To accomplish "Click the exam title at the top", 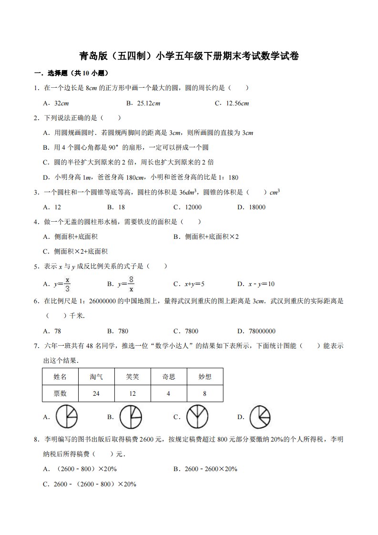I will coord(189,56).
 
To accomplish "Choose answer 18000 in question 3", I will coord(257,207).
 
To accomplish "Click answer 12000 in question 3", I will coord(191,207).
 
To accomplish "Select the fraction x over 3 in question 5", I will coord(68,284).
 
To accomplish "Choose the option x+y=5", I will coord(194,284).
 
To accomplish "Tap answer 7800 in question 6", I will coord(191,331).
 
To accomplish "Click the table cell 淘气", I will coord(96,377).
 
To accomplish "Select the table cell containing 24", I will coord(96,393).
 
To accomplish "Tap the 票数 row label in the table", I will coord(60,393).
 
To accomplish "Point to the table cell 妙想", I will coord(205,377).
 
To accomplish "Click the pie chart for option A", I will coord(67,417).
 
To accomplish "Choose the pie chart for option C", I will coord(195,417).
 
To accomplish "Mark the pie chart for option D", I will coord(260,417).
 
